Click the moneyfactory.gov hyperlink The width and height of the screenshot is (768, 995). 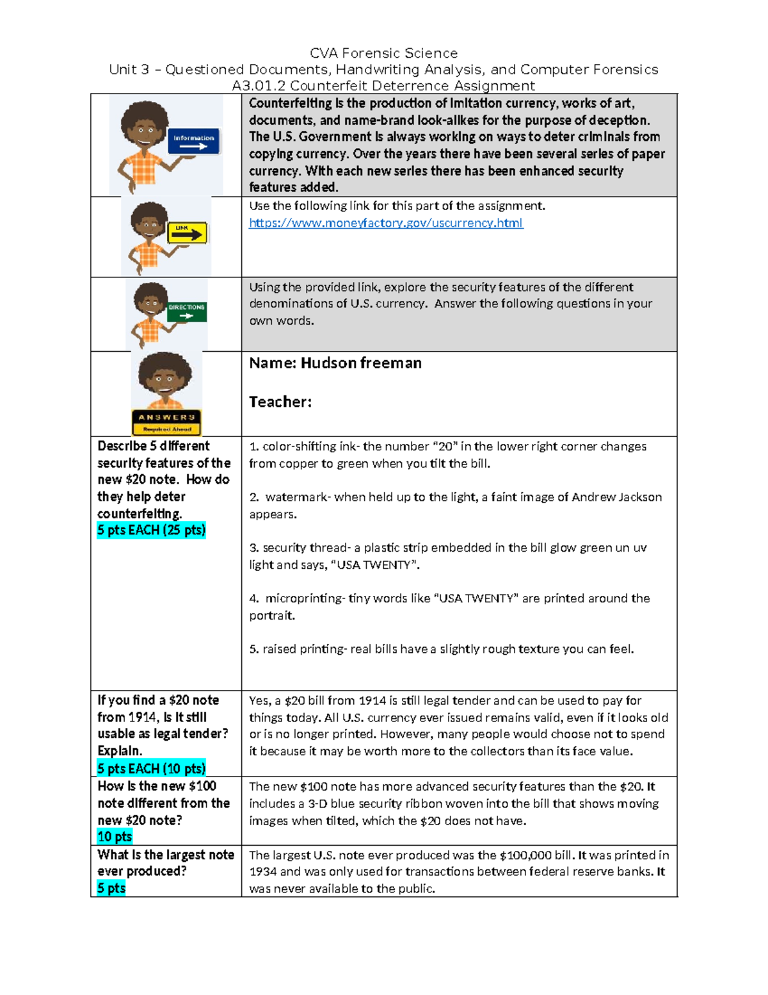(385, 223)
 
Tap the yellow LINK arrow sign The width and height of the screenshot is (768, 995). (188, 233)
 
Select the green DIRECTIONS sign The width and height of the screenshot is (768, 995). (186, 311)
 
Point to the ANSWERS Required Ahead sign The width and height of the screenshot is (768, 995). (166, 422)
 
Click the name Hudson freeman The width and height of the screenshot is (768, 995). (361, 363)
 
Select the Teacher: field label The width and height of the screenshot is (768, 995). (280, 402)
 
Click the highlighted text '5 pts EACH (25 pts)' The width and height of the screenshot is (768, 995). (151, 530)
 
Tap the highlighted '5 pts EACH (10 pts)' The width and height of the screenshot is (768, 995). (151, 768)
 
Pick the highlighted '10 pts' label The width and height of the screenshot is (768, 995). (115, 836)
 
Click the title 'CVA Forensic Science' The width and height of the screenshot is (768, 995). (383, 53)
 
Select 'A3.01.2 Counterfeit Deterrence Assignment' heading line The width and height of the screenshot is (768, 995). (383, 86)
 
